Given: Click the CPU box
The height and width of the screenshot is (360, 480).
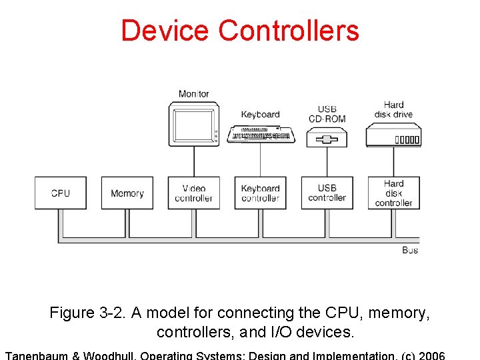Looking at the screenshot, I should pyautogui.click(x=61, y=193).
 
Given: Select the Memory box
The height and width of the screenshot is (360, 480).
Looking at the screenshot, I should pyautogui.click(x=127, y=193).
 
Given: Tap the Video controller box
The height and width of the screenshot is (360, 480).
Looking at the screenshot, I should pyautogui.click(x=194, y=193).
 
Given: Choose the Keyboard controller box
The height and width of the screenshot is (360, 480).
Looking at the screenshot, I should pyautogui.click(x=261, y=193).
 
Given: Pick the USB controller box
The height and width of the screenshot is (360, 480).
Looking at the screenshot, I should pyautogui.click(x=327, y=193).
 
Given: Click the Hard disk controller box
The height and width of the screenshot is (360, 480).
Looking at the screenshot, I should pyautogui.click(x=394, y=193).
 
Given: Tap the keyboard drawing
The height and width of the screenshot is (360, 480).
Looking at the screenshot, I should pyautogui.click(x=261, y=134).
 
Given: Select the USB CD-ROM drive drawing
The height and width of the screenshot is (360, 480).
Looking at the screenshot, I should pyautogui.click(x=327, y=139).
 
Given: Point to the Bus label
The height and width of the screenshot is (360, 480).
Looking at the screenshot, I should pyautogui.click(x=411, y=250).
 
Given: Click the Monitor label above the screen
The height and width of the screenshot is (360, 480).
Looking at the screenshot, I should pyautogui.click(x=194, y=94).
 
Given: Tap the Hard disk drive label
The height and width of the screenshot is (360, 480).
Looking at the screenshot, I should pyautogui.click(x=393, y=109).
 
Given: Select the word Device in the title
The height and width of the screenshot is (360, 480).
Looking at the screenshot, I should pyautogui.click(x=165, y=31).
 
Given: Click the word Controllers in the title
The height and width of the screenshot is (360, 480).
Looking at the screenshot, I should pyautogui.click(x=289, y=31).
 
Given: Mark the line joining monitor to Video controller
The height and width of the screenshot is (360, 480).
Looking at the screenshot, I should pyautogui.click(x=194, y=161).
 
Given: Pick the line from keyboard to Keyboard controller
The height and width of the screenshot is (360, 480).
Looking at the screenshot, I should pyautogui.click(x=261, y=160).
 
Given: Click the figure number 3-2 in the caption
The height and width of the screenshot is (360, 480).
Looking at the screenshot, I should pyautogui.click(x=108, y=313).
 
